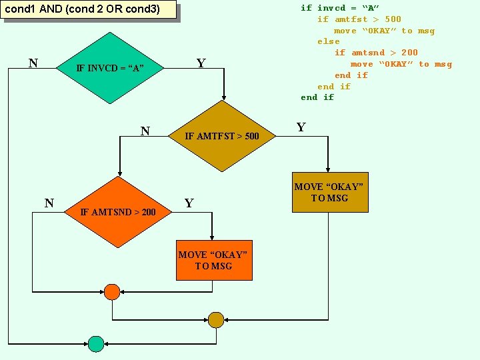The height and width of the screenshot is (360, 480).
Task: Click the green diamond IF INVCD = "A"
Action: point(110,68)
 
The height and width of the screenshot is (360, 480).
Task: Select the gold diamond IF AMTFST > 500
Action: point(222,137)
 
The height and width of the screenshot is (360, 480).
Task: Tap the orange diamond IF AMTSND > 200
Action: point(118,212)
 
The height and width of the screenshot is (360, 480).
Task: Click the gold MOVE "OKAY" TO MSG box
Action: point(330,193)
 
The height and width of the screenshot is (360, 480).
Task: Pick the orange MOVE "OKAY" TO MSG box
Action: point(214,260)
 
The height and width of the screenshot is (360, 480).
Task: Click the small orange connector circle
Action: point(112,292)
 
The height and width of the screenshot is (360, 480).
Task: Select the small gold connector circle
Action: point(216,320)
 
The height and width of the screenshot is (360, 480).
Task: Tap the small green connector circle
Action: point(97,343)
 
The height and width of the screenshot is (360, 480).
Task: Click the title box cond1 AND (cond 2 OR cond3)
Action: point(89,10)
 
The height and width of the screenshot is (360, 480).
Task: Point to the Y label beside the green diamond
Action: point(201,64)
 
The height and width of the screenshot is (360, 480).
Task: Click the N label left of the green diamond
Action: point(33,64)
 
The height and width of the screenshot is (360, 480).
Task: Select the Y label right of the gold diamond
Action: point(301,127)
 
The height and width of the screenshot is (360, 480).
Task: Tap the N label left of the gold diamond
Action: point(145,131)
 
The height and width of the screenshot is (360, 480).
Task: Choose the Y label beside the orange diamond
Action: point(189,203)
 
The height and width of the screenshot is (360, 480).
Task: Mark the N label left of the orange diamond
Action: point(49,203)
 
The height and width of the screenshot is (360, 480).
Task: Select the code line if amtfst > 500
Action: point(359,19)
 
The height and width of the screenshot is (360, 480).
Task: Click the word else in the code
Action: point(329,41)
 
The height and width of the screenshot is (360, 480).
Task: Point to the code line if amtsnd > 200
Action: point(376,53)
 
